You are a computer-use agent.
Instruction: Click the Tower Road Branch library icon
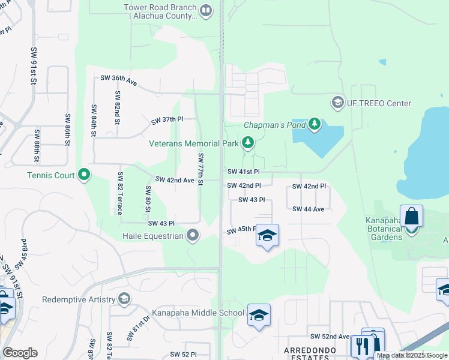[x=206, y=10]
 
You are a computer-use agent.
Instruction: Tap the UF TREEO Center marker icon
[x=337, y=103]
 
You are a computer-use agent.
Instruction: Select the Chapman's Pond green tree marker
[x=315, y=125]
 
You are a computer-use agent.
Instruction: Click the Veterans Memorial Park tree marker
[x=247, y=143]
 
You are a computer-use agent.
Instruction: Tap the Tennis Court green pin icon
[x=84, y=175]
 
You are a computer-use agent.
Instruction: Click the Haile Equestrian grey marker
[x=193, y=235]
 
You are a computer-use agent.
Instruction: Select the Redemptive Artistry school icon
[x=124, y=299]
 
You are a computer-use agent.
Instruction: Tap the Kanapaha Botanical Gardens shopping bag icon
[x=411, y=217]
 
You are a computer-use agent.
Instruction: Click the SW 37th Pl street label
[x=167, y=120]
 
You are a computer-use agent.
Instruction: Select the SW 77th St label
[x=201, y=169]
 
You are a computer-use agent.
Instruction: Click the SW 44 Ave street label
[x=309, y=209]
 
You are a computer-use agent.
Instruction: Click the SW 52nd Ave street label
[x=330, y=337]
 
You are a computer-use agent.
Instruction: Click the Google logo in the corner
[x=20, y=352]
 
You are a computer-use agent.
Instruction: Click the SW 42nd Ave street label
[x=175, y=179]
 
